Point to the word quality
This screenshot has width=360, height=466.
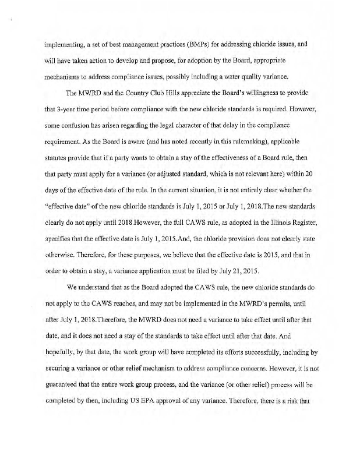(248, 76)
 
